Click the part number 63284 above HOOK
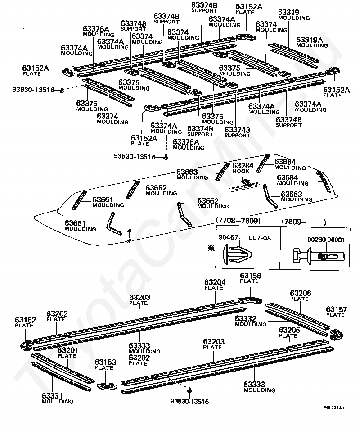tap(243, 165)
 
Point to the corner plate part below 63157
tap(335, 334)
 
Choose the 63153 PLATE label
tap(105, 364)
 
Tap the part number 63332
tap(246, 318)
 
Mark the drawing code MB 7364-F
tap(334, 408)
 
